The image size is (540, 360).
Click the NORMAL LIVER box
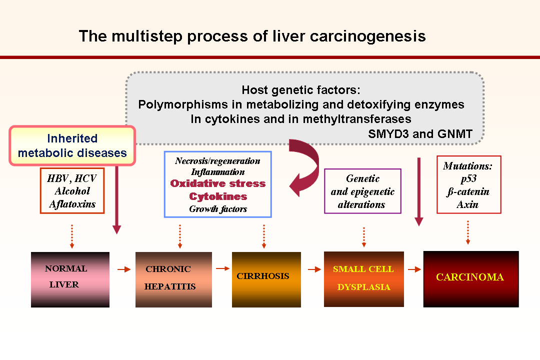coord(70,279)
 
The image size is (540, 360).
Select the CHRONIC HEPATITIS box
coord(173,279)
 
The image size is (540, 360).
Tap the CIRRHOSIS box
coord(266,279)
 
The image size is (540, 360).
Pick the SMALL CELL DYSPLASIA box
coord(363,279)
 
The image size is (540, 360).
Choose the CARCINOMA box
coord(471,279)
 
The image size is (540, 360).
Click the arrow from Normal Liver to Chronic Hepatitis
coord(124,269)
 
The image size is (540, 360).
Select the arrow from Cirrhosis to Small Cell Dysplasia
coord(314,269)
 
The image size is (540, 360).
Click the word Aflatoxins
coord(72,204)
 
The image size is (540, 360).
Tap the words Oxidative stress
coord(218,183)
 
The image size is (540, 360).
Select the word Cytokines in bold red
coord(218,196)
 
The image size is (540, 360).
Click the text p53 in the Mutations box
coord(468,179)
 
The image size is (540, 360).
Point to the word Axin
coord(467,204)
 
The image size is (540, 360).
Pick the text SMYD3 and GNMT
coord(420,133)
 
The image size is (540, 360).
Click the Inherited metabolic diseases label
coord(72,145)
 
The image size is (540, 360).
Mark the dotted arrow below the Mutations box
coord(467,232)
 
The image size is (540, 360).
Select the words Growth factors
coord(218,209)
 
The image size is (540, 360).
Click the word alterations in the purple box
coord(361,204)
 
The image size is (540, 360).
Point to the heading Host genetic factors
coord(301,90)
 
